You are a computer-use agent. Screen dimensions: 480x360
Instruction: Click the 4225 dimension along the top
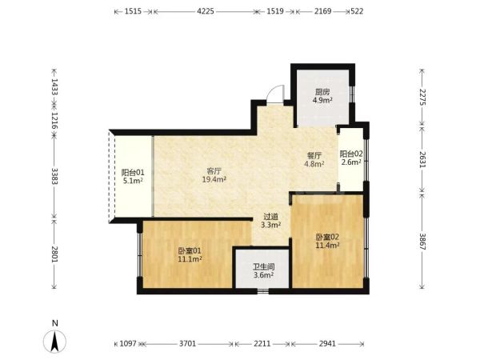click(206, 11)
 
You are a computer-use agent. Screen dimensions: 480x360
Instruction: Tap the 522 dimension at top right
click(357, 11)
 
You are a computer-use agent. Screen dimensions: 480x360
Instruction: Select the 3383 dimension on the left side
click(54, 176)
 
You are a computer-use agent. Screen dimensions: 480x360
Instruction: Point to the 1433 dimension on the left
click(54, 87)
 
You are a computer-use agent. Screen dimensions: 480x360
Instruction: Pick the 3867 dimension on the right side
click(422, 242)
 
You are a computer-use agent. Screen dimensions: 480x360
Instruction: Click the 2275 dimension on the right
click(422, 97)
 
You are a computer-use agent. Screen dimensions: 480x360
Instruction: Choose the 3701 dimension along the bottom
click(187, 344)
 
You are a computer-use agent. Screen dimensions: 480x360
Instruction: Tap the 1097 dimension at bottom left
click(128, 344)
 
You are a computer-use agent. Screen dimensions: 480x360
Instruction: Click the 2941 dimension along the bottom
click(327, 344)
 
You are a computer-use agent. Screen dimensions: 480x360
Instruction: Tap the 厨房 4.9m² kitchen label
click(322, 96)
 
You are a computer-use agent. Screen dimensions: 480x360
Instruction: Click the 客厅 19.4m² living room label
click(214, 175)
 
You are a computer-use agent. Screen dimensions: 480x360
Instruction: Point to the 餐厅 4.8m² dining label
click(314, 160)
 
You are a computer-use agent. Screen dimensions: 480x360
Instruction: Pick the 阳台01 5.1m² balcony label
click(133, 176)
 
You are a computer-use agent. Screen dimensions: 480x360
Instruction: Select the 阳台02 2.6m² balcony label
click(351, 158)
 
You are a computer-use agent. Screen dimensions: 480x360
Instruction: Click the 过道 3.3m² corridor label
click(271, 221)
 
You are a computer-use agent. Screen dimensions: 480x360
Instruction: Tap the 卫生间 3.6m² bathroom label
click(263, 271)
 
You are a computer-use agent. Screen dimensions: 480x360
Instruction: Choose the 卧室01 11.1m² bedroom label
click(190, 255)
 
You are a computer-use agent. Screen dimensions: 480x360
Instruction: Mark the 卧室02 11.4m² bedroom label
click(327, 241)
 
